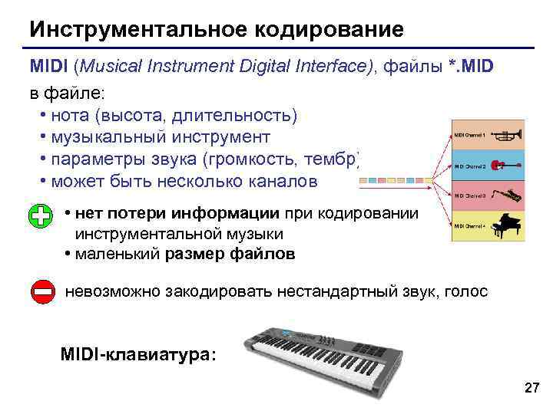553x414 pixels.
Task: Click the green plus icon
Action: pyautogui.click(x=42, y=217)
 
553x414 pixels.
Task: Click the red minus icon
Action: pyautogui.click(x=42, y=292)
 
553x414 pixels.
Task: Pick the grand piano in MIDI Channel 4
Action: pyautogui.click(x=508, y=225)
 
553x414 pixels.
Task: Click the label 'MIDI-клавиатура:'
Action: pyautogui.click(x=138, y=355)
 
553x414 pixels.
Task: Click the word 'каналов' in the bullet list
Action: pyautogui.click(x=288, y=182)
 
